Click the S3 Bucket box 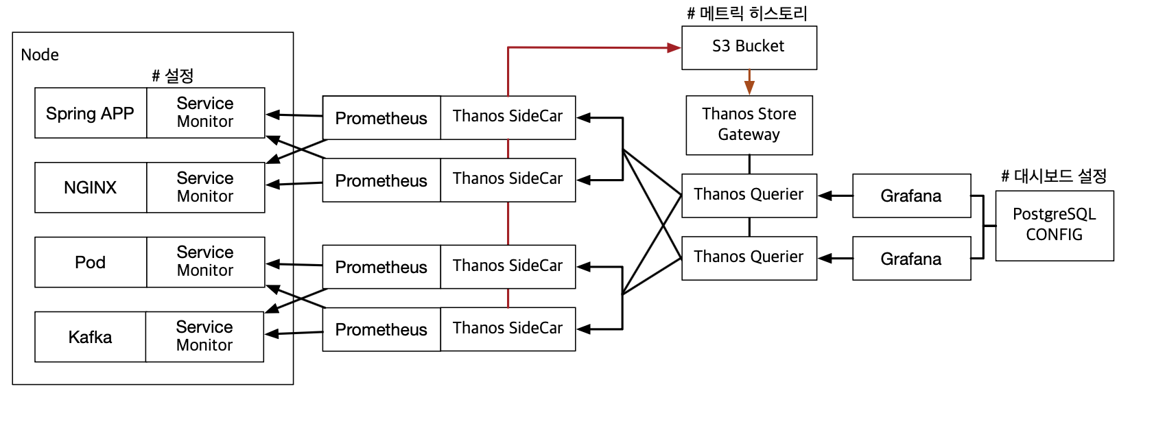pos(749,47)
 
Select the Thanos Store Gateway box pos(749,125)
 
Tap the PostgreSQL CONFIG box pos(1054,225)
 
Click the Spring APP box pos(90,113)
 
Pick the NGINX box pos(90,187)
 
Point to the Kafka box pos(90,337)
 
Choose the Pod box pos(90,262)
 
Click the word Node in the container pos(40,55)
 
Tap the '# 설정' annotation pos(173,75)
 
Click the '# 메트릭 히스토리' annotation pos(747,13)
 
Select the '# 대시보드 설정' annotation pos(1054,176)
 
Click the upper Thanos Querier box pos(749,195)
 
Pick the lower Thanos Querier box pos(749,257)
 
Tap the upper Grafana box pos(911,196)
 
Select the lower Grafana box pos(911,259)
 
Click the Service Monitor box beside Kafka pos(204,336)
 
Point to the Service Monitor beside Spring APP pos(205,113)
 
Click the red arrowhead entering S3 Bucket pos(674,47)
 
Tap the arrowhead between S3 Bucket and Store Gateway pos(749,87)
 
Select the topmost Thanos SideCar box pos(508,117)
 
